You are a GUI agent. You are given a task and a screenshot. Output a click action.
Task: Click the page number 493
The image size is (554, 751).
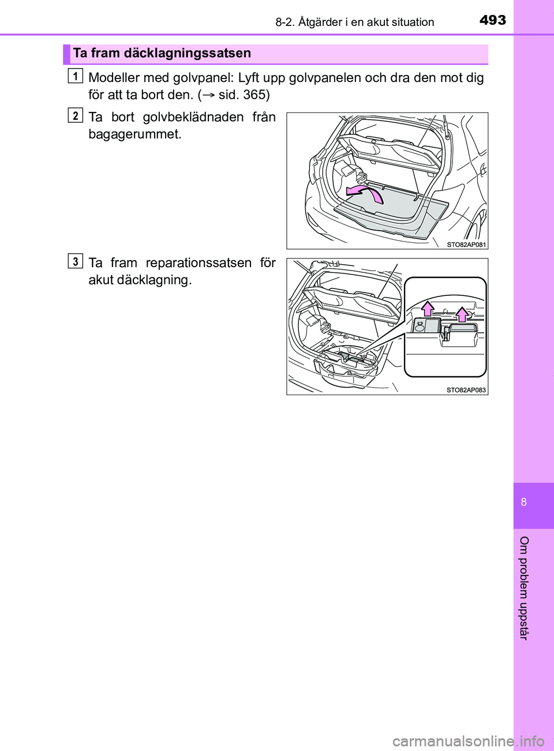coord(492,20)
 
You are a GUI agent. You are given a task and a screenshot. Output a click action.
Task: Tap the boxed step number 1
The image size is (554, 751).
coord(75,76)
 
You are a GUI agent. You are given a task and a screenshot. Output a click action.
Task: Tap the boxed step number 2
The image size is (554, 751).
coord(75,115)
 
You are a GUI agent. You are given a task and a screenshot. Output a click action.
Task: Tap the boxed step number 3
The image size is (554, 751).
coord(75,261)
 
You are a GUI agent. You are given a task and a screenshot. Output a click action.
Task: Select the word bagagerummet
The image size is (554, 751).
coord(134,134)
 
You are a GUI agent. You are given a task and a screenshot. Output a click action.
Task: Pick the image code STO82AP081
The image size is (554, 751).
coord(466,245)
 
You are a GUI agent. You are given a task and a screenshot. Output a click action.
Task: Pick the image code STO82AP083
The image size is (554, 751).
coord(466,390)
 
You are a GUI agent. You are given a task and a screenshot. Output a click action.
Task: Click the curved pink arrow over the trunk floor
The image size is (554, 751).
coord(365,193)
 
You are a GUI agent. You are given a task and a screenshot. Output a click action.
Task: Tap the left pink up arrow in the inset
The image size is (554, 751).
coord(428,309)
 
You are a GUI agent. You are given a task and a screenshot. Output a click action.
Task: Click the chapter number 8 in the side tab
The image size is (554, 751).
coord(524,502)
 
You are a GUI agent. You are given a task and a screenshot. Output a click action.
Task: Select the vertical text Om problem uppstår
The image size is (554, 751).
coord(524,587)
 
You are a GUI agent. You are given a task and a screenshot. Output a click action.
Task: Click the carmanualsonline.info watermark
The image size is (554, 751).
coord(468,741)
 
